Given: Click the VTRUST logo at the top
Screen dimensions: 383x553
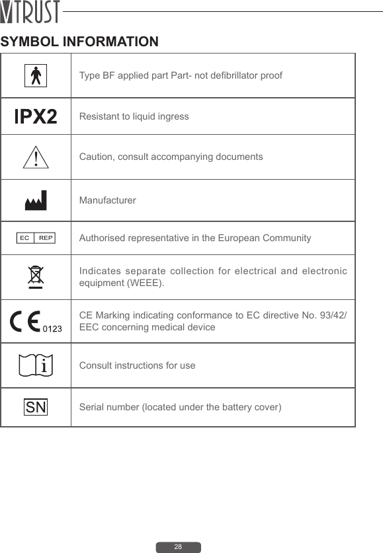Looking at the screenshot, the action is point(30,12).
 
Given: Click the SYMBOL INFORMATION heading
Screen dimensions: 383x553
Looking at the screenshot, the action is point(79,42).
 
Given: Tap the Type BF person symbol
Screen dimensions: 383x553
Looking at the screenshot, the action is point(36,75).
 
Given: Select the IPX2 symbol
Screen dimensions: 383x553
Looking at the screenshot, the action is point(36,117).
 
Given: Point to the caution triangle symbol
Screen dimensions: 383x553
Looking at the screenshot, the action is point(36,157).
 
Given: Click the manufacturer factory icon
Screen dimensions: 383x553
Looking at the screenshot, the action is point(36,200).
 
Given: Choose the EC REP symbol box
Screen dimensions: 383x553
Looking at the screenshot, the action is point(36,237).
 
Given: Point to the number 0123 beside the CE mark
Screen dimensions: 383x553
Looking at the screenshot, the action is point(52,328).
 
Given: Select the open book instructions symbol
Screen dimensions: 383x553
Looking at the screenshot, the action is point(36,365).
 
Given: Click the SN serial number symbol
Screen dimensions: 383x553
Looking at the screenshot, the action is point(36,407).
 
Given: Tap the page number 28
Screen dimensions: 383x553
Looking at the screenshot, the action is point(178,547).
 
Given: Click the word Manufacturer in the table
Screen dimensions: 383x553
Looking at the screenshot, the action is point(108,200).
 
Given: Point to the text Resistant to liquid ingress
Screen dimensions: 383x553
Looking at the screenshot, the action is point(134,117).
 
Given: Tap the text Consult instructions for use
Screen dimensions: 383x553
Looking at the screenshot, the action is point(137,365).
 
